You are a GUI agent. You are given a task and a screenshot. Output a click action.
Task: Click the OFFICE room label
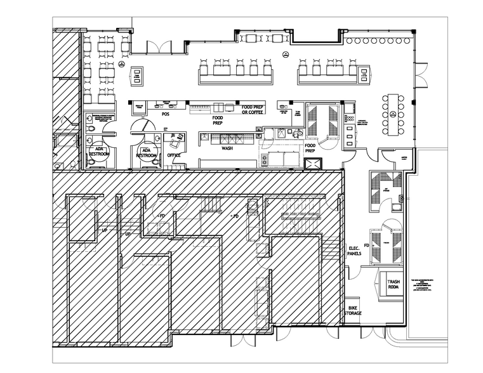pyautogui.click(x=174, y=155)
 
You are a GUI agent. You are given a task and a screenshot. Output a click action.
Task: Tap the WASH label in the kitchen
pyautogui.click(x=227, y=148)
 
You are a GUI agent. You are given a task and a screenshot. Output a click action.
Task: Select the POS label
pyautogui.click(x=166, y=114)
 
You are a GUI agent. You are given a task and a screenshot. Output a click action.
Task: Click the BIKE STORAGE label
pyautogui.click(x=353, y=310)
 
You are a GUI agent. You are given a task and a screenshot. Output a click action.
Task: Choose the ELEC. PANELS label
pyautogui.click(x=355, y=251)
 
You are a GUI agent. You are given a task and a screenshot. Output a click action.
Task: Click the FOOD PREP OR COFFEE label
pyautogui.click(x=253, y=110)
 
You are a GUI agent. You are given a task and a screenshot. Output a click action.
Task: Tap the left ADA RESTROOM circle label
pyautogui.click(x=99, y=150)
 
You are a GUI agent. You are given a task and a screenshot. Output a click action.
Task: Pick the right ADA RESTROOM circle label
pyautogui.click(x=147, y=152)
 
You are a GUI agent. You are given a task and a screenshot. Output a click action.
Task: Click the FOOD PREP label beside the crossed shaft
pyautogui.click(x=310, y=148)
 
